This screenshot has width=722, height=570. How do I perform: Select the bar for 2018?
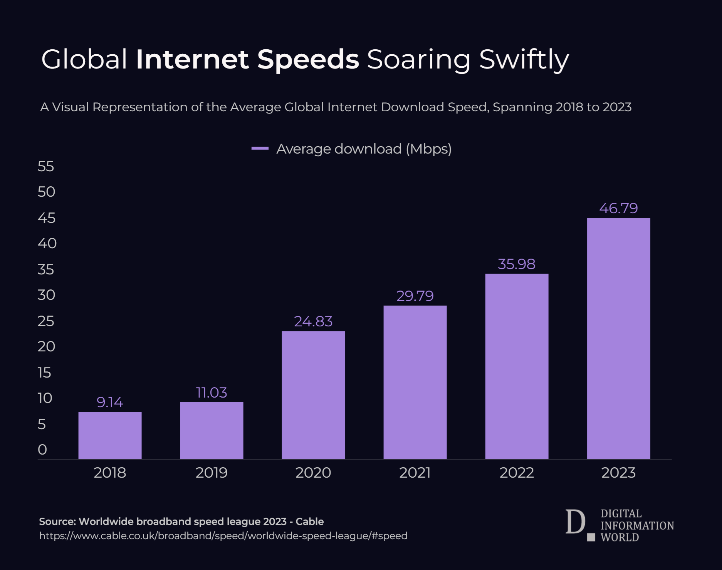click(x=110, y=435)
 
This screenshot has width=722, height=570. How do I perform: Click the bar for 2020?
click(x=313, y=395)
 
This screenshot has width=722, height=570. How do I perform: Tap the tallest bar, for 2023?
click(x=618, y=338)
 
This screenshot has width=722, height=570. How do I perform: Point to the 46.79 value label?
click(x=618, y=208)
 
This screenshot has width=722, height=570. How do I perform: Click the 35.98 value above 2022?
click(x=516, y=264)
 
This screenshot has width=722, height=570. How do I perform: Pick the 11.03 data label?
click(x=212, y=393)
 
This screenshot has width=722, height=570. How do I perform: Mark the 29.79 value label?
click(x=415, y=296)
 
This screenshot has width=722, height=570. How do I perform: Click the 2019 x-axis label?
click(x=212, y=473)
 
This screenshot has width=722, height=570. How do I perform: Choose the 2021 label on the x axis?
click(x=415, y=473)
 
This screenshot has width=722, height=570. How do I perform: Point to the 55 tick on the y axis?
click(x=46, y=166)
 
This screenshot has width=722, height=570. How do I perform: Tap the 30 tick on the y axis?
click(x=46, y=295)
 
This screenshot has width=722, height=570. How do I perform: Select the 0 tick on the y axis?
click(x=42, y=450)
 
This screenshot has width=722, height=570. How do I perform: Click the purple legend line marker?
click(x=260, y=149)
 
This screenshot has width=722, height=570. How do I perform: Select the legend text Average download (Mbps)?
click(x=364, y=149)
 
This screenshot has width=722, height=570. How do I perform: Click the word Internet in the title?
click(x=192, y=59)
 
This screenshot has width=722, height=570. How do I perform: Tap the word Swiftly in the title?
click(x=524, y=60)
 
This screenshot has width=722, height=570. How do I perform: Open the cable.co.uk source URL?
click(x=223, y=536)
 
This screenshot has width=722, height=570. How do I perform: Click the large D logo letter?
click(x=575, y=522)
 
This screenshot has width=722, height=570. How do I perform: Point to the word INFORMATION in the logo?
click(x=637, y=526)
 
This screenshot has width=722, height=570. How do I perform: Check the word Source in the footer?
click(x=57, y=522)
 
